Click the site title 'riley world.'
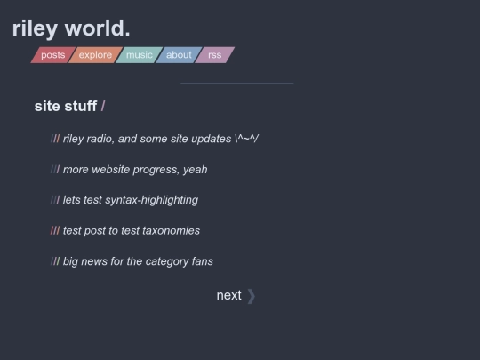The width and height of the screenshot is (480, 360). coord(71,28)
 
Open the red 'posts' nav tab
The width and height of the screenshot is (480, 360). coord(53,55)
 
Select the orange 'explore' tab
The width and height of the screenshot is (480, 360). coord(95,55)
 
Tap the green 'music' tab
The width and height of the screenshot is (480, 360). coord(140,55)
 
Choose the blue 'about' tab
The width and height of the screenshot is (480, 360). coord(179,55)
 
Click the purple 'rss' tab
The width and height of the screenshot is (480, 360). coord(214,55)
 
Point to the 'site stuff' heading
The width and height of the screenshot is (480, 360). coord(66,107)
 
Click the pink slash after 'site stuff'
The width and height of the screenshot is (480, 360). coord(103,107)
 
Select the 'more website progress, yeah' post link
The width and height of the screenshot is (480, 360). coord(135,169)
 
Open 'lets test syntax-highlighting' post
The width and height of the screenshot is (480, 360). coord(131,200)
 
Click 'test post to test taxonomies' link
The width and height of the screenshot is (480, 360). coord(132,230)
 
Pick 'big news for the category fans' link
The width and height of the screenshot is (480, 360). coord(138,261)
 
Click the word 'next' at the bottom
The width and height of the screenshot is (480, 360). coord(229,295)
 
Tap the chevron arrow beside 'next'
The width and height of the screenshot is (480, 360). coord(251,296)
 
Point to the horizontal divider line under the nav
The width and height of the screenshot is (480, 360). coord(237,83)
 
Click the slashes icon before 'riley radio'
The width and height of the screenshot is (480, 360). coord(55,139)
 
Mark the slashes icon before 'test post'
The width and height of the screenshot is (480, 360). coord(55,230)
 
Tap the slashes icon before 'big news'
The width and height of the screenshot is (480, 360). coord(55,261)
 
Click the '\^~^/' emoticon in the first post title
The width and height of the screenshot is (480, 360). coord(247,139)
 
